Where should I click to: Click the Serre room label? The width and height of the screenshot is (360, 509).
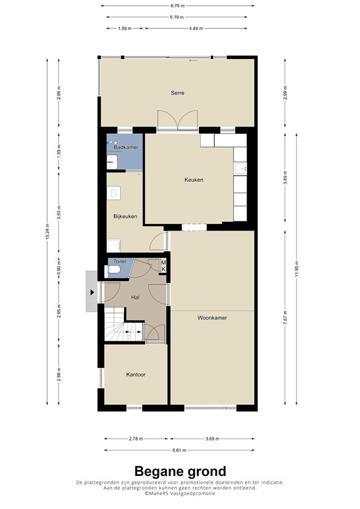(176, 93)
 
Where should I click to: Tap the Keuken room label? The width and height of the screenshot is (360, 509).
(194, 180)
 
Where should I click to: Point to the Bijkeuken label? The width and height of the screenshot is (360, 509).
(125, 216)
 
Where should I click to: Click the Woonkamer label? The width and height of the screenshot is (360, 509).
(212, 317)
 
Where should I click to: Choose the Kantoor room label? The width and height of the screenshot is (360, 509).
(136, 374)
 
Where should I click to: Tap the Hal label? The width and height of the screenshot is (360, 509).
(135, 298)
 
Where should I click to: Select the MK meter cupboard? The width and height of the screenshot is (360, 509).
(163, 265)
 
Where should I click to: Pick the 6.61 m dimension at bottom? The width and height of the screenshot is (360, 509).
(178, 450)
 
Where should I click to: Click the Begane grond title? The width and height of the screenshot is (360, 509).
(180, 471)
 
